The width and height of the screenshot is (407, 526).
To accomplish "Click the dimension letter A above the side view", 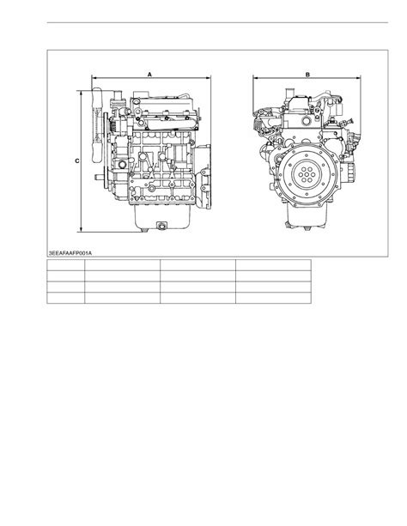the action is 149,74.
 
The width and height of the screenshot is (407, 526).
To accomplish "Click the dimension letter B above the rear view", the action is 307,75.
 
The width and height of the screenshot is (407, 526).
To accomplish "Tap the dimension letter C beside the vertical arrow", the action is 77,161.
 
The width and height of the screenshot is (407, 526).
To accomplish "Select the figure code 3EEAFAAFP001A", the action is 70,253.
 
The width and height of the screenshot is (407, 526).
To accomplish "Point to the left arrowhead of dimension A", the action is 94,78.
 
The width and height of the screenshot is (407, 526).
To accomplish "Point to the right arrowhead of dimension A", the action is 208,78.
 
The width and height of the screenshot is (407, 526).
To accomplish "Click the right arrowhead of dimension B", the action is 358,78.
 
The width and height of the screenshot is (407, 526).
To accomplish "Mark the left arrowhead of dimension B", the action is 255,78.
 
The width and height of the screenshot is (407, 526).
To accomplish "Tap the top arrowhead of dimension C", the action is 81,94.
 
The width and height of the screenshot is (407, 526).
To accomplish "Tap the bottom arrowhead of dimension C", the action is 81,229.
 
